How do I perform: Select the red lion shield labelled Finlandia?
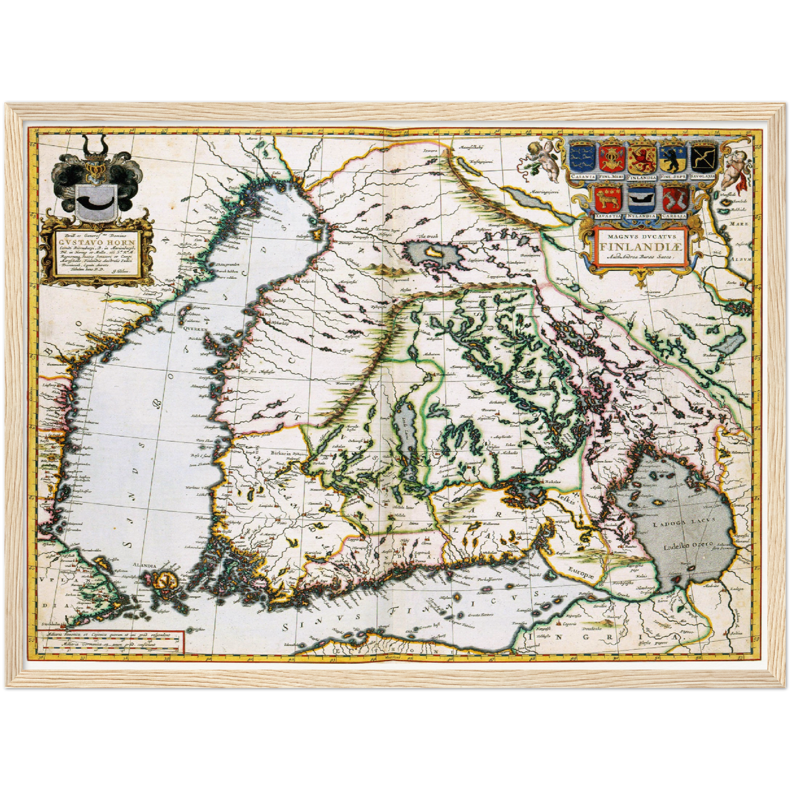click(x=640, y=158)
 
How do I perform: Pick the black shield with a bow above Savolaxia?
click(x=704, y=157)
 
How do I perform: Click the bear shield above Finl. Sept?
click(x=673, y=158)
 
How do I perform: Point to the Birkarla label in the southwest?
click(x=281, y=453)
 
